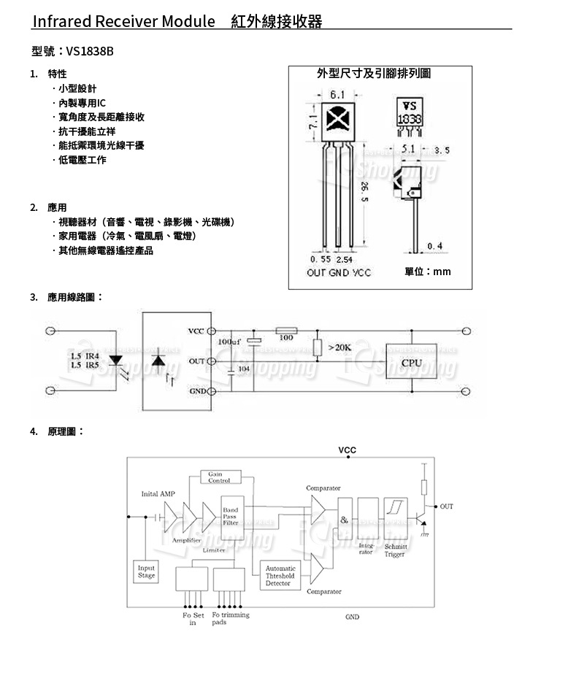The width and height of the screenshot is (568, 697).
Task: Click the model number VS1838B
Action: [90, 51]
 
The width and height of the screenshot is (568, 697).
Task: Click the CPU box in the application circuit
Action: [411, 363]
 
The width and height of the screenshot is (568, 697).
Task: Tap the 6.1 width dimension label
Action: [337, 95]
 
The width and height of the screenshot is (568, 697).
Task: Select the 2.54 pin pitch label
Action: [344, 259]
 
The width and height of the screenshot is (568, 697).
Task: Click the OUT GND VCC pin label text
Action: [339, 272]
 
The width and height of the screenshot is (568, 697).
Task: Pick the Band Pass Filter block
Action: [230, 516]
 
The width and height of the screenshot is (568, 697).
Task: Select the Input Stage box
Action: [147, 572]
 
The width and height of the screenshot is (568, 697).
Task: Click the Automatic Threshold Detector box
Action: [280, 576]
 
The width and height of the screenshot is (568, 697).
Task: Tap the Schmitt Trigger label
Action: [395, 550]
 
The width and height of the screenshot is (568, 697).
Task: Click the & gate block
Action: [344, 519]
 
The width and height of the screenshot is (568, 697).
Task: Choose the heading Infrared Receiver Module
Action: [123, 21]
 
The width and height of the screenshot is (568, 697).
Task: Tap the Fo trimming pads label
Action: [230, 618]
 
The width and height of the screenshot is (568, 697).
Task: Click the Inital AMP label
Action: [158, 494]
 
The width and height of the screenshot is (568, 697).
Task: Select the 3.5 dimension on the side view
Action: [442, 150]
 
